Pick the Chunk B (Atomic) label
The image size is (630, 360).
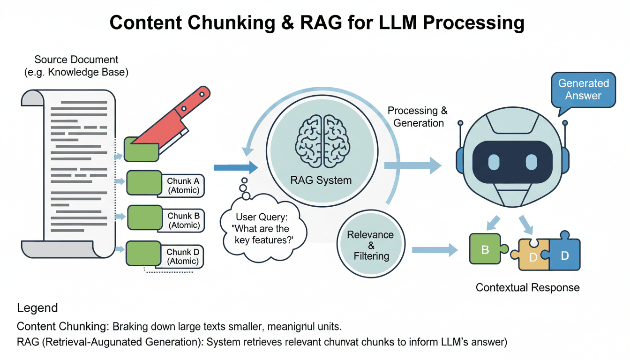(184, 221)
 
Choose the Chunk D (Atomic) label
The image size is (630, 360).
(183, 256)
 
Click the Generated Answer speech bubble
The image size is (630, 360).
(583, 90)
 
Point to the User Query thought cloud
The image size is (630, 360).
(262, 229)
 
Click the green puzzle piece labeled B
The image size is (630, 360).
(486, 250)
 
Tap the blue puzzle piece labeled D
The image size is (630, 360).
(564, 255)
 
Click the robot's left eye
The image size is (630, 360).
(495, 163)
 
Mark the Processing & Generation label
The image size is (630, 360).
(417, 117)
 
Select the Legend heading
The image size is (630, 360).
(37, 308)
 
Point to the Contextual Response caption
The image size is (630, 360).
(527, 287)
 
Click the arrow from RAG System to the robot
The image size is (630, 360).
(412, 165)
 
